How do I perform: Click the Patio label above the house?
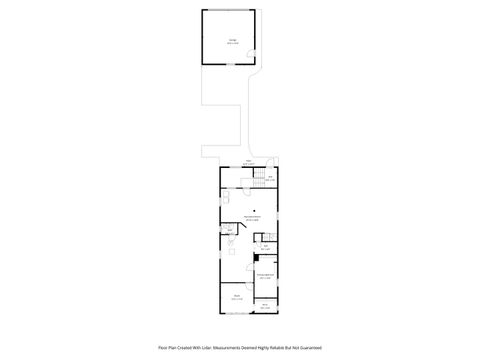click(x=248, y=161)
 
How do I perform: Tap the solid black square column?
click(x=254, y=257)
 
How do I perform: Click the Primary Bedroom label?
click(x=265, y=276)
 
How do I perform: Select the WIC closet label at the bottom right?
click(x=266, y=306)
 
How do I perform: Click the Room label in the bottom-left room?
click(x=237, y=297)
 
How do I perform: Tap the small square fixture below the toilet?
click(x=231, y=251)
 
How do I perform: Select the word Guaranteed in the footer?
click(x=309, y=347)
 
